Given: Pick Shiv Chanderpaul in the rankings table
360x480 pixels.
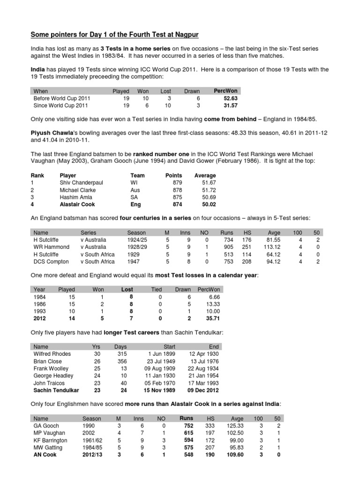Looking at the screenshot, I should click(81, 183).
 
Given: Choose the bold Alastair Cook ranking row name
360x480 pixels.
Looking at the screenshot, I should click(77, 205).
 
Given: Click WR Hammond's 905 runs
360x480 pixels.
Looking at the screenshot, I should click(226, 247).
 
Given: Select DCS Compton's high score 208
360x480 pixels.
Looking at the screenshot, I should click(247, 262).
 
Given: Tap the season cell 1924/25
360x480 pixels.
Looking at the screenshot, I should click(137, 240).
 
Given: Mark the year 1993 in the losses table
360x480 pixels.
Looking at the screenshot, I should click(40, 311).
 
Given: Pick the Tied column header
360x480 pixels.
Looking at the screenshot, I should click(156, 289).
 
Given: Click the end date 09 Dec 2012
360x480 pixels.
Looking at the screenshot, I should click(203, 390).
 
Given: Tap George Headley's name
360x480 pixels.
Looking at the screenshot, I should click(53, 375).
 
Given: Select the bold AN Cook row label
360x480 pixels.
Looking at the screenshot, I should click(45, 455).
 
